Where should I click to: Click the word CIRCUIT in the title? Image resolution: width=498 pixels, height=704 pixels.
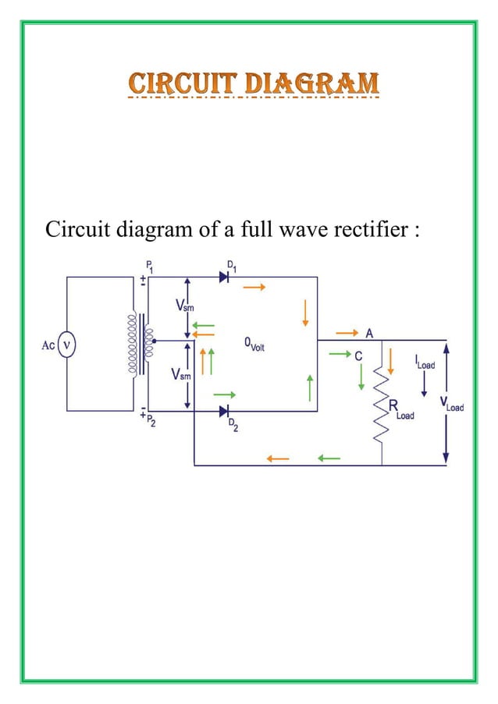point(174,83)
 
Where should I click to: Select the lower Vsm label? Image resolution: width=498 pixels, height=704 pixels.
point(181,377)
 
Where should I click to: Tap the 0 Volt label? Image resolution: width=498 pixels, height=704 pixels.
point(254,345)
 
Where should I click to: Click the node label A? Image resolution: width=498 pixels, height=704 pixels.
point(368,333)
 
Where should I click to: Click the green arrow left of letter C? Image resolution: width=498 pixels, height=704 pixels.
point(338,355)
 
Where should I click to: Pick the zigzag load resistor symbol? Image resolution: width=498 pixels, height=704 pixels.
point(382,406)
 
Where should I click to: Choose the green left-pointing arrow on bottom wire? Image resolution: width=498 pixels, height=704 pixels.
point(329,458)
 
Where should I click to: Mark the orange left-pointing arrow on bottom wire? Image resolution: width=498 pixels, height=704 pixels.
point(278,458)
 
